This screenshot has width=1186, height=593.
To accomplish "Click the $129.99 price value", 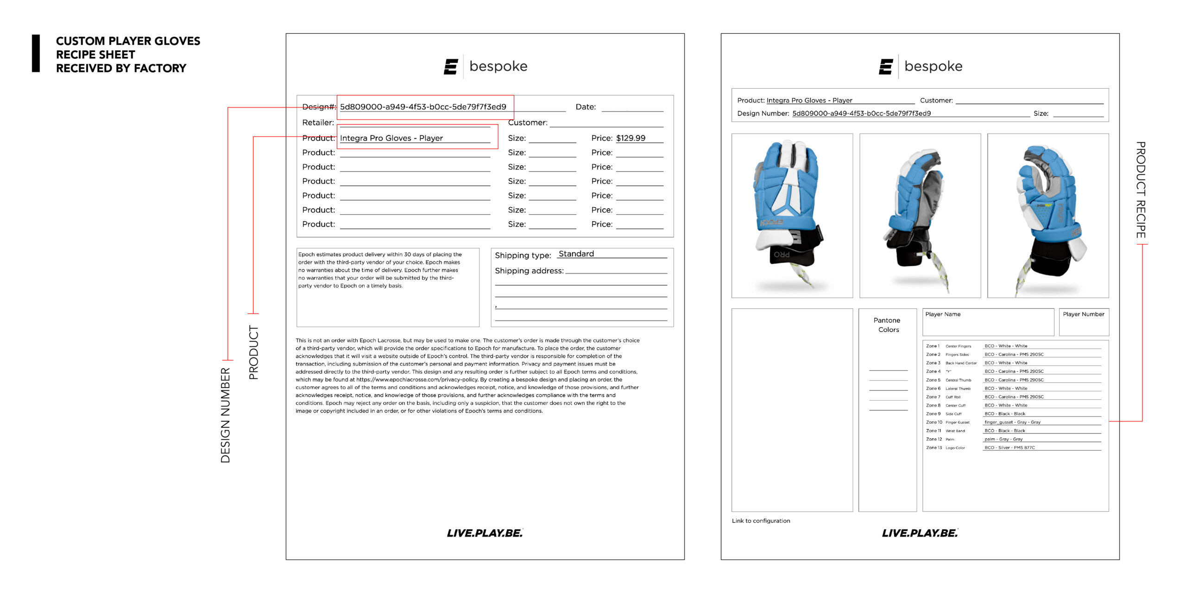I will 631,138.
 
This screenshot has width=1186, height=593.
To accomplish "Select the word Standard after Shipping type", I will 576,254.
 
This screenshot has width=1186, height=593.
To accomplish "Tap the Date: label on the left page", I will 586,107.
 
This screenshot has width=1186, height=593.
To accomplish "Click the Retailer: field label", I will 318,123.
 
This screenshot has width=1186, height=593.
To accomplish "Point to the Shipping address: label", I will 529,271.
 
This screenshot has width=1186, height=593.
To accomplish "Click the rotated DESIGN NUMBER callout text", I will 225,415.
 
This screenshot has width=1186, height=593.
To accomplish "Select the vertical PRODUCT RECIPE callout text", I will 1141,190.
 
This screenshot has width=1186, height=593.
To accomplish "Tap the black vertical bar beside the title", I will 36,53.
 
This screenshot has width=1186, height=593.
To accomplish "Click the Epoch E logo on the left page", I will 451,67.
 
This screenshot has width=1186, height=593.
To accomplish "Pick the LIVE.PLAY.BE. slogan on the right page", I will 920,533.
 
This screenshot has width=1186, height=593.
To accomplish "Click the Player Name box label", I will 943,314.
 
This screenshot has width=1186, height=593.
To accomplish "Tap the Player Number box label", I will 1083,314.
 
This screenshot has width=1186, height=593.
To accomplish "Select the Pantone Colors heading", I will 887,325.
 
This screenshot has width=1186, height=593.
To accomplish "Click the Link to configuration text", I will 761,521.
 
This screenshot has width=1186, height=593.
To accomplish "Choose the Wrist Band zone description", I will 955,431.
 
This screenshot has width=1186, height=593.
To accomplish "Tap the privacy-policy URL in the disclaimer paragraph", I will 417,380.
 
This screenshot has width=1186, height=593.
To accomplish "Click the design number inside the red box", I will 423,107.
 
